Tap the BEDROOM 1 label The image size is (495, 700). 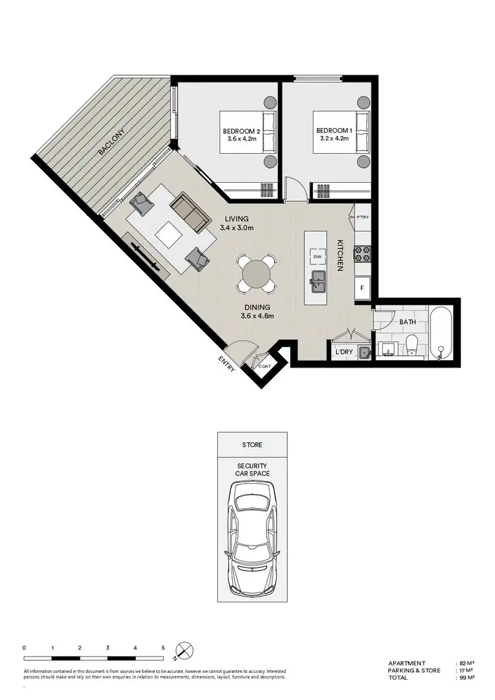click(x=333, y=131)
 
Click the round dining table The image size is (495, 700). click(x=256, y=272)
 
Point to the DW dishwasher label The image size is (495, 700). click(x=317, y=257)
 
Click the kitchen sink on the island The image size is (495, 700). click(x=317, y=280)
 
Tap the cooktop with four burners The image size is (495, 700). click(x=362, y=254)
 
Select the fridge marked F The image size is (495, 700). click(x=362, y=288)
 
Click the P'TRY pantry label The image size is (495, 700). click(x=362, y=217)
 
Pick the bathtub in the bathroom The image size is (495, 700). click(x=441, y=333)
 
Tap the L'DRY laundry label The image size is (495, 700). click(x=345, y=352)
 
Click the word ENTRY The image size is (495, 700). click(x=226, y=364)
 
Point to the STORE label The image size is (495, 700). click(x=252, y=445)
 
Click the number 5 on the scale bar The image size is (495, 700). click(x=162, y=647)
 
